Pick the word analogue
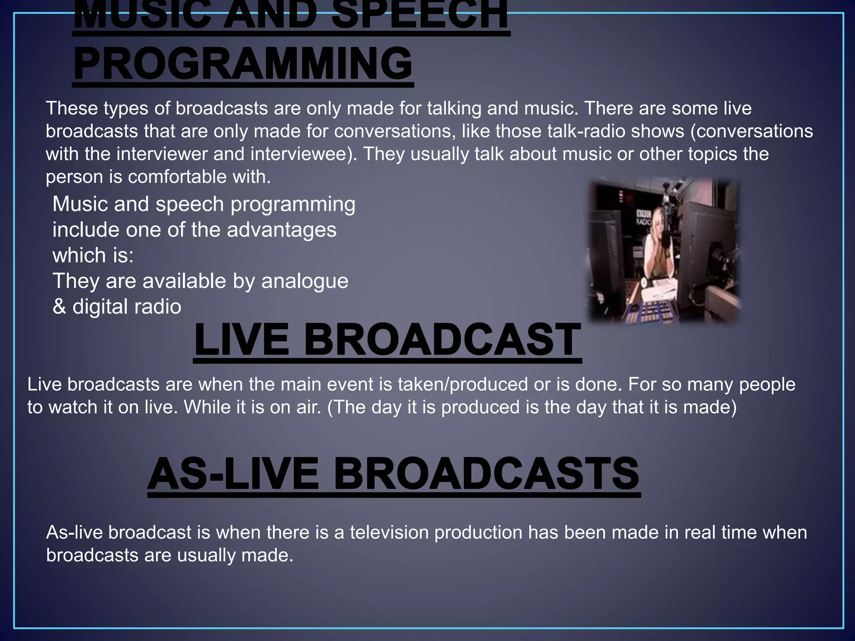point(305,281)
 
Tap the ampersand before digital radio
point(59,307)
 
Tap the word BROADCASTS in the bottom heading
point(486,474)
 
